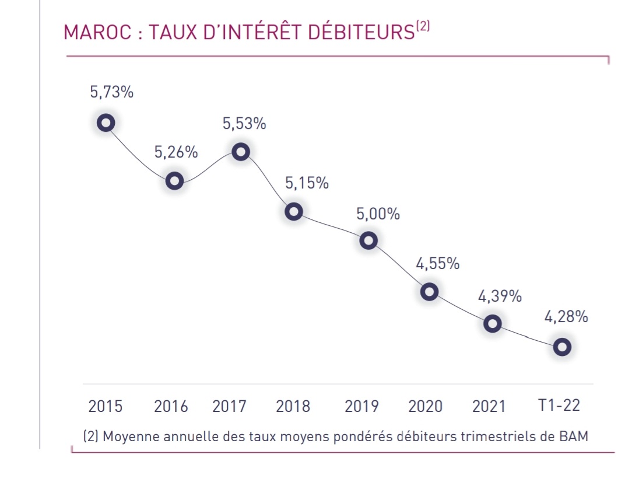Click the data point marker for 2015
106,123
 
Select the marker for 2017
241,152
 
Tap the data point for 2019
368,240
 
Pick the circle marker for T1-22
561,347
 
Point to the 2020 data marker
430,291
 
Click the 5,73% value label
111,92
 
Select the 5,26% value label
176,152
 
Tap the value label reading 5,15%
307,183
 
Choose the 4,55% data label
437,263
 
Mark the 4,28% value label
566,317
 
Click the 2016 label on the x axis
171,406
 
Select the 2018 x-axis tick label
293,406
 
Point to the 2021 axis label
489,406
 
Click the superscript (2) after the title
423,27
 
